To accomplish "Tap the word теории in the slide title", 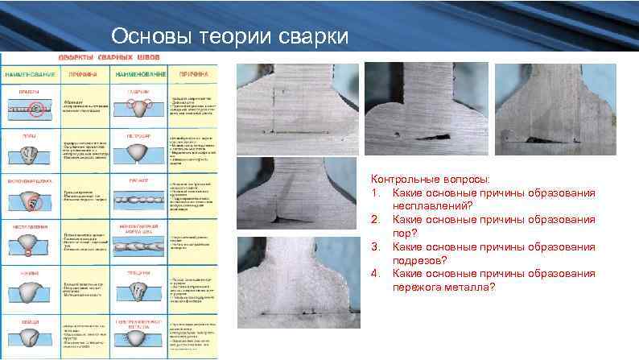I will pos(226,36).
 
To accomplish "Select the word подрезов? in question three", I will pos(423,260).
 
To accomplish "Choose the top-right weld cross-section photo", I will pos(554,109).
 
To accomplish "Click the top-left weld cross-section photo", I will pos(295,109).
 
